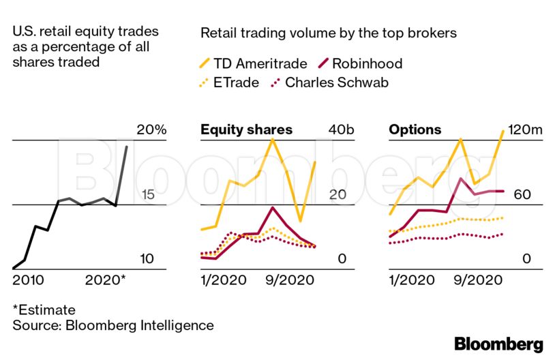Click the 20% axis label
tap(151, 130)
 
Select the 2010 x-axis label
tap(28, 280)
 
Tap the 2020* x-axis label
tap(105, 280)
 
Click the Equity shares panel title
tap(246, 130)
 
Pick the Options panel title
tap(415, 130)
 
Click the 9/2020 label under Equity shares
tap(284, 280)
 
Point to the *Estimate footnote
tap(44, 310)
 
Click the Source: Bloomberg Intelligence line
tap(112, 325)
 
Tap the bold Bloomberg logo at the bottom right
tap(498, 344)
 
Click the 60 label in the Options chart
tap(522, 194)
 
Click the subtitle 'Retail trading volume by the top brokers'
tap(328, 32)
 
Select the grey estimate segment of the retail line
tap(121, 174)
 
